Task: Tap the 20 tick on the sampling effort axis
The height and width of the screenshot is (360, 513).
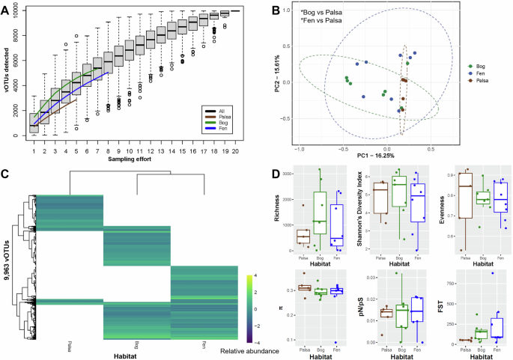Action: coord(237,150)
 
